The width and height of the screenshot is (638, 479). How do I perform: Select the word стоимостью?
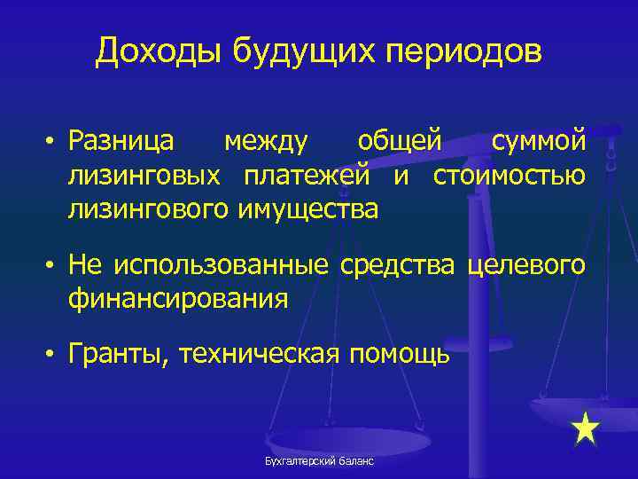509,176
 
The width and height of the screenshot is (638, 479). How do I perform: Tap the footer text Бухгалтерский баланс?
318,462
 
